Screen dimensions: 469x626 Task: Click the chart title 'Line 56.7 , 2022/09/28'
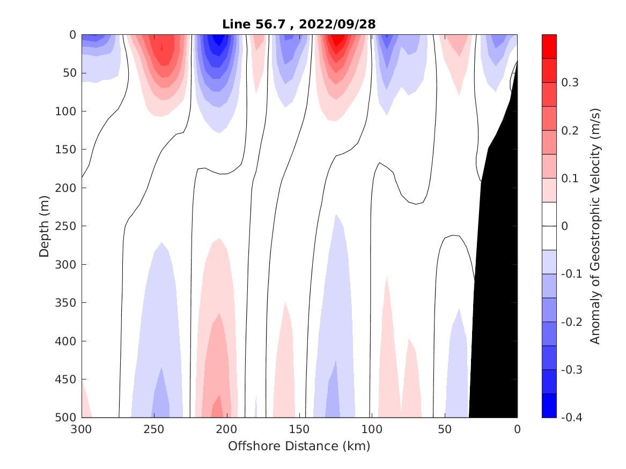point(299,24)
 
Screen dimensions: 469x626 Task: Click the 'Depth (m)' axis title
point(45,226)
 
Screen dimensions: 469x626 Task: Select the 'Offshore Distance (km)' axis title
point(299,445)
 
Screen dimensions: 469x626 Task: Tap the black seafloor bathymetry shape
point(496,268)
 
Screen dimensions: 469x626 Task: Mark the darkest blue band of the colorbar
point(549,405)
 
